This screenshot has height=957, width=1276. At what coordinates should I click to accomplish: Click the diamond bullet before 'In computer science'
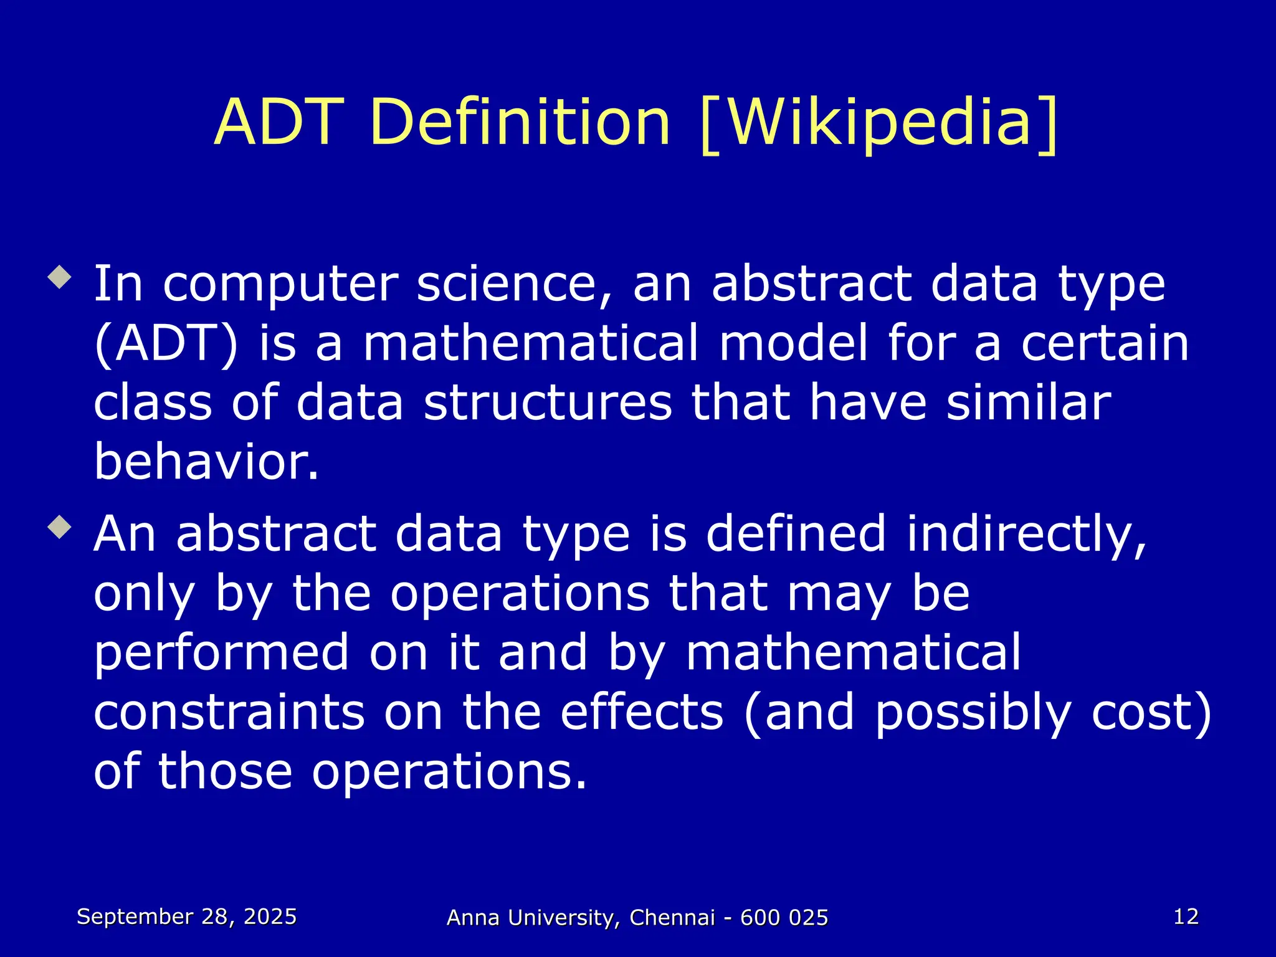(60, 277)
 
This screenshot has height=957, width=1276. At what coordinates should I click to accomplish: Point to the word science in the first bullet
(514, 284)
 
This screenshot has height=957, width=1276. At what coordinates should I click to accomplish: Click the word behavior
(206, 462)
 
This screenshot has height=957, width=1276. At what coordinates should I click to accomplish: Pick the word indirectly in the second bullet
(1026, 534)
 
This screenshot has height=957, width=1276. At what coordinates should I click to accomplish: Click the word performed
(221, 652)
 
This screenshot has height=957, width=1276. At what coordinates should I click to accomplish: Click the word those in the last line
(225, 771)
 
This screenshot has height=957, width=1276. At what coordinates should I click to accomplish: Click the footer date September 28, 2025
(187, 917)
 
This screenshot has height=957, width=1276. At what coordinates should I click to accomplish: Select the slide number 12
(1186, 917)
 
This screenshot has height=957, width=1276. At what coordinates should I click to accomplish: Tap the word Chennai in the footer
(672, 918)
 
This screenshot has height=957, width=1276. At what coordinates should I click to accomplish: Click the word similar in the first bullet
(1029, 402)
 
